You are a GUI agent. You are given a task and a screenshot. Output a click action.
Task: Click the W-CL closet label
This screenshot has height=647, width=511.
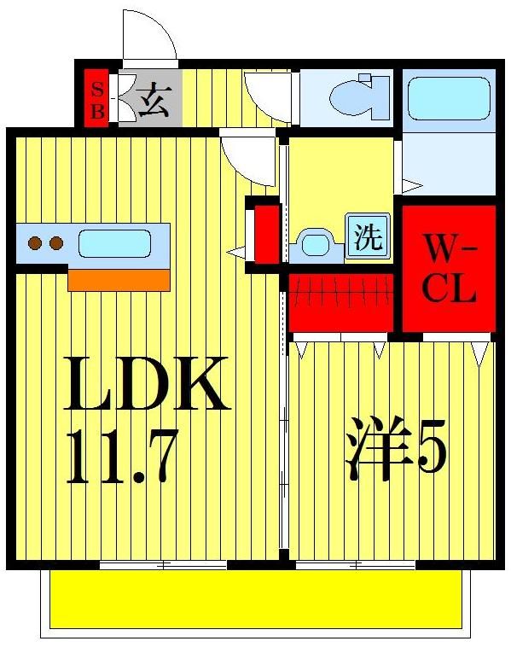tap(449, 270)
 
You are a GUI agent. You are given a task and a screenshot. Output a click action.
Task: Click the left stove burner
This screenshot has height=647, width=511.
tap(35, 243)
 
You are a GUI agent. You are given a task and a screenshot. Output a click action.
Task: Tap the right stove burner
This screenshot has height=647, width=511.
tap(56, 243)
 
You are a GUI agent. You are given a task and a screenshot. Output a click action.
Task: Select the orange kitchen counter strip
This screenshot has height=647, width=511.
tap(119, 280)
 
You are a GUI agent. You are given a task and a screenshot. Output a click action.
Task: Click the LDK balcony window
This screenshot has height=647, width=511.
tap(163, 564)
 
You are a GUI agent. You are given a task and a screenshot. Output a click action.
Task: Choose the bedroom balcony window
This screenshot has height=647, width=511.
tap(356, 564)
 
